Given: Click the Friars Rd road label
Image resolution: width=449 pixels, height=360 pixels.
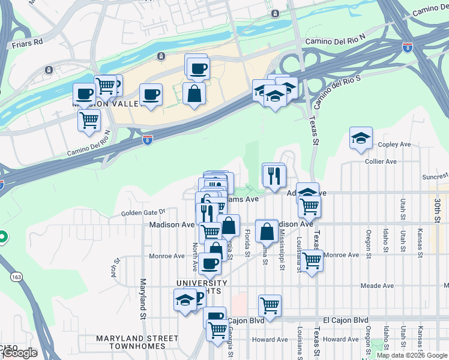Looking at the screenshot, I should (x=28, y=43).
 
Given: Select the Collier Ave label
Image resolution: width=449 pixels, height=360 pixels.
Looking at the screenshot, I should (x=381, y=161).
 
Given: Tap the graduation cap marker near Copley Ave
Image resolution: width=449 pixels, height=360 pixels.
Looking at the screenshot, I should (x=361, y=138).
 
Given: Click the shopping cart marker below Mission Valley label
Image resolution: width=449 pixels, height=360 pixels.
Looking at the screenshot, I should (x=89, y=120).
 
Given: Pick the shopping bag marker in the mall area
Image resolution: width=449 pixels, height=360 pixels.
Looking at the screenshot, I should (x=194, y=94).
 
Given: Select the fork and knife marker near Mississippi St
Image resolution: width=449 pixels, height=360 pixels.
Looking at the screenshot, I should (x=274, y=175).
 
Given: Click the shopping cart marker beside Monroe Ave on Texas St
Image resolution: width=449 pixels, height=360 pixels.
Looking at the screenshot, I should (x=312, y=261).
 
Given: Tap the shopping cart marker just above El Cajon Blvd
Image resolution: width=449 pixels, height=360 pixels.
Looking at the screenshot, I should (x=270, y=305).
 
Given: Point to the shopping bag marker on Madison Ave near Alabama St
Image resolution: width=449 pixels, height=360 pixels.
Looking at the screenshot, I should (x=266, y=231).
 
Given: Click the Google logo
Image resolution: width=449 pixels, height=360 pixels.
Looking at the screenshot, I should (x=20, y=353).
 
